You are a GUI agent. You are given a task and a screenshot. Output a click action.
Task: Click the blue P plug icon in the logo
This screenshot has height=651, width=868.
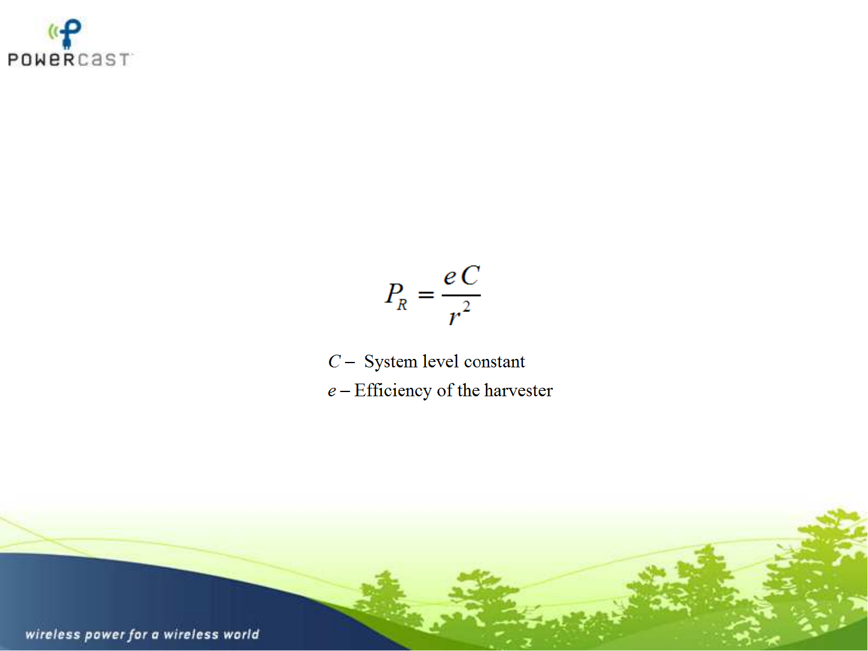pyautogui.click(x=70, y=34)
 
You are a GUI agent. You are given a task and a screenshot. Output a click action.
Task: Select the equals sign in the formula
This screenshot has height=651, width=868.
pyautogui.click(x=426, y=294)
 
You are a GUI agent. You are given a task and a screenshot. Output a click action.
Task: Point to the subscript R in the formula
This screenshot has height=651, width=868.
pyautogui.click(x=402, y=305)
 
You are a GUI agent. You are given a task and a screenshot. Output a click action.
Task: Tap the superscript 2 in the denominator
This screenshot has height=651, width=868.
pyautogui.click(x=466, y=307)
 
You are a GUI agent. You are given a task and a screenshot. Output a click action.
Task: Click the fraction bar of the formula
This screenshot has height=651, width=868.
pyautogui.click(x=461, y=295)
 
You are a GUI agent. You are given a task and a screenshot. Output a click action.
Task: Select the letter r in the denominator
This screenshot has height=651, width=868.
pyautogui.click(x=454, y=317)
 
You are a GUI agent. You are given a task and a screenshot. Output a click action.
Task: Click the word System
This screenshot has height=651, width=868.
pyautogui.click(x=390, y=362)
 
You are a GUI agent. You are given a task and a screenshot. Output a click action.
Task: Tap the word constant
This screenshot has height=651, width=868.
pyautogui.click(x=495, y=362)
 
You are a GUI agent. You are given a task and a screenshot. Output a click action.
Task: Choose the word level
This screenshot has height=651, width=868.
pyautogui.click(x=440, y=361)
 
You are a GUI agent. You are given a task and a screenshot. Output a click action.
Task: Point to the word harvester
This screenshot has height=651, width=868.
pyautogui.click(x=519, y=390)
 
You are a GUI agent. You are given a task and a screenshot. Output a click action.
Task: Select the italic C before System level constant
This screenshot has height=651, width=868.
pyautogui.click(x=334, y=361)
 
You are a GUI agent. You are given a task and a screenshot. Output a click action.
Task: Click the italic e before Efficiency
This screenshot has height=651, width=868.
pyautogui.click(x=332, y=391)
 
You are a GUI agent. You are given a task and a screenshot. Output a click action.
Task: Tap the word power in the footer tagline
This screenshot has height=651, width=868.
pyautogui.click(x=104, y=635)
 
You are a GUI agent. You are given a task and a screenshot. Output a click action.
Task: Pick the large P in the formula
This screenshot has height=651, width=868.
pyautogui.click(x=394, y=293)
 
